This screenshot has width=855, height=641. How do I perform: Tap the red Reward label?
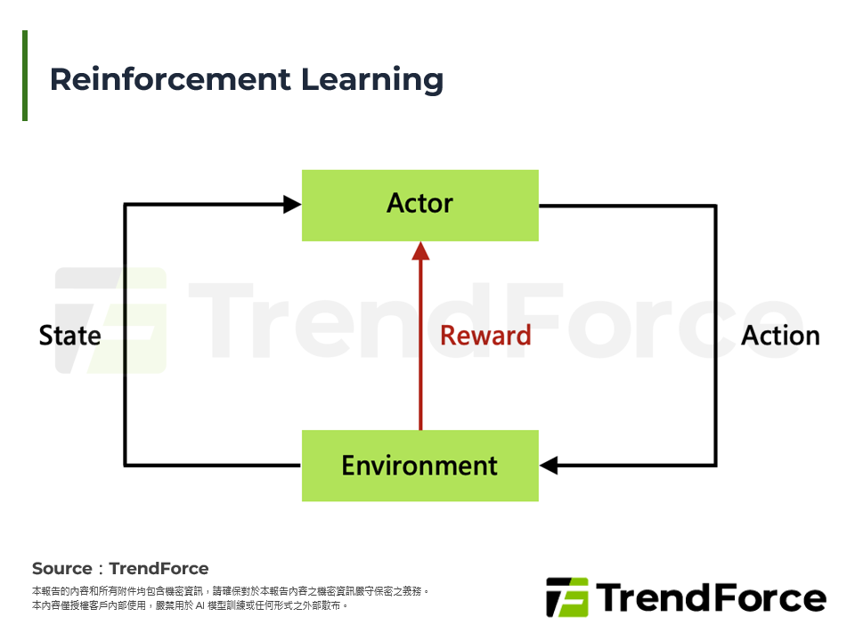(x=485, y=336)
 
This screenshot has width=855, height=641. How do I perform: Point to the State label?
(x=69, y=336)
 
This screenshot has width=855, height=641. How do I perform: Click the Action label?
(x=780, y=336)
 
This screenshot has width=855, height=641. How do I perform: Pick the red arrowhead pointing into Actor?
(x=420, y=250)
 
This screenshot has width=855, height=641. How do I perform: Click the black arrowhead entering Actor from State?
(x=292, y=205)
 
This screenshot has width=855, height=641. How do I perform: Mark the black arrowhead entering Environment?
(x=550, y=465)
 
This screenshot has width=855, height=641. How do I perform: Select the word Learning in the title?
(x=371, y=79)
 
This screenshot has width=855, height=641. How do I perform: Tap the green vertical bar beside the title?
(x=25, y=76)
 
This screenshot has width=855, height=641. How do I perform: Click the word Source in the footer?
(x=61, y=569)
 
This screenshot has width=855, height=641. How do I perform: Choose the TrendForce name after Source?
(x=159, y=569)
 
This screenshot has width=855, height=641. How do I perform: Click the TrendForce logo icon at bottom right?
(x=566, y=597)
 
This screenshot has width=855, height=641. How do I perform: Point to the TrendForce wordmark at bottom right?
(x=710, y=597)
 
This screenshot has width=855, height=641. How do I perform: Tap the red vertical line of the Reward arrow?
(x=420, y=356)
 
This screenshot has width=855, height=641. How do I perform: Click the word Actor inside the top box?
(x=419, y=204)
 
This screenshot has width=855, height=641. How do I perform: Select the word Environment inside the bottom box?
(x=419, y=466)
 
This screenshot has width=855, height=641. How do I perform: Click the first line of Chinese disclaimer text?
(x=231, y=591)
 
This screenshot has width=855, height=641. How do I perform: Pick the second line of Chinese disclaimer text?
(x=189, y=605)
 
